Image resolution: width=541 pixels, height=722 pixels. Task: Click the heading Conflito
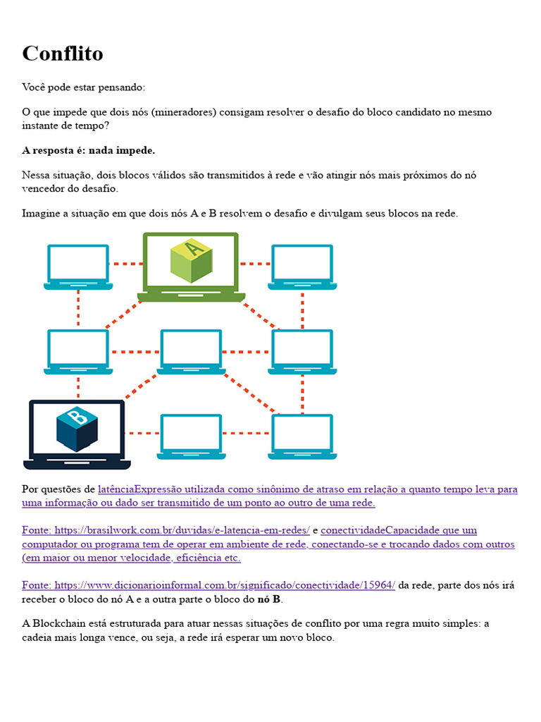pyautogui.click(x=63, y=54)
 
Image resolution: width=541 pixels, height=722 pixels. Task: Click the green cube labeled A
pyautogui.click(x=192, y=260)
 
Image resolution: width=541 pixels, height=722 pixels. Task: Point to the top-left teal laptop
pyautogui.click(x=77, y=267)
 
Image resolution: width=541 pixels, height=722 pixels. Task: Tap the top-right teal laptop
pyautogui.click(x=302, y=267)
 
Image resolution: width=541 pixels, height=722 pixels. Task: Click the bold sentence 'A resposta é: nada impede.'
pyautogui.click(x=89, y=150)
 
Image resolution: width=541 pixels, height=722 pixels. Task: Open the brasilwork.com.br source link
pyautogui.click(x=166, y=530)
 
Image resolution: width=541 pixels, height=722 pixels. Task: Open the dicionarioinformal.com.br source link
pyautogui.click(x=209, y=585)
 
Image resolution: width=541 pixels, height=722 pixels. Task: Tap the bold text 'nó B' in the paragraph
pyautogui.click(x=269, y=599)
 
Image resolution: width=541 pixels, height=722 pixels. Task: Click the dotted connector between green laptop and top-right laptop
pyautogui.click(x=255, y=264)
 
